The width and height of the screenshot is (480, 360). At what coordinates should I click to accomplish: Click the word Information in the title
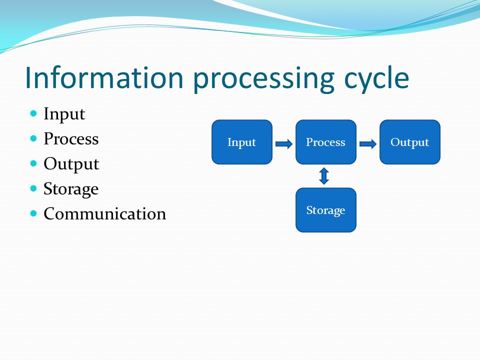(104, 77)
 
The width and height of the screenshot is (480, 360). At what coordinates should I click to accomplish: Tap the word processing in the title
(264, 80)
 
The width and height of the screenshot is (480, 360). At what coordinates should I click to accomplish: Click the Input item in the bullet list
(64, 114)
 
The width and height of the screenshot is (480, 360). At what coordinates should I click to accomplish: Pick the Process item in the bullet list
(71, 138)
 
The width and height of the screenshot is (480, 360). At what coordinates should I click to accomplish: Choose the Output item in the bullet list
(71, 164)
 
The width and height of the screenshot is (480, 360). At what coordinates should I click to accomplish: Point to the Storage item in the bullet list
(71, 189)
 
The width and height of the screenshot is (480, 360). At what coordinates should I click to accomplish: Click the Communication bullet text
(104, 213)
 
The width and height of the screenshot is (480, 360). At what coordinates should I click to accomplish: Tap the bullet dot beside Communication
(33, 213)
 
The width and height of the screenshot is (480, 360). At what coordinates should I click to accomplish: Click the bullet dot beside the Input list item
(33, 113)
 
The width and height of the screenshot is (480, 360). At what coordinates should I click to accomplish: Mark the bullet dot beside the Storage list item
(33, 188)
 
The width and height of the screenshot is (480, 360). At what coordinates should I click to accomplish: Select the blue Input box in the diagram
(242, 142)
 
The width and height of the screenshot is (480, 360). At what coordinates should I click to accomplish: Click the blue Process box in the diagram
(325, 142)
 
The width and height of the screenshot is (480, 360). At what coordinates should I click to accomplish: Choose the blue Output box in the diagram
(410, 142)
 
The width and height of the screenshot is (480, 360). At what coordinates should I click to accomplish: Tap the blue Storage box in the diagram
(325, 210)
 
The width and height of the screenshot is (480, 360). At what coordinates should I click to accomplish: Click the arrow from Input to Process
(284, 144)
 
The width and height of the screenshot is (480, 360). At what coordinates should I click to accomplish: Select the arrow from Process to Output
(368, 144)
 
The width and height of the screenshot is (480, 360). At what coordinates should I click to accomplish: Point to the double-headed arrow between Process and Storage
(324, 176)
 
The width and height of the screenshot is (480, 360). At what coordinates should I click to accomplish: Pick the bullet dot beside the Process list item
(33, 138)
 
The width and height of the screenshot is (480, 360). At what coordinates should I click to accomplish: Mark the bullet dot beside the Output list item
(33, 163)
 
